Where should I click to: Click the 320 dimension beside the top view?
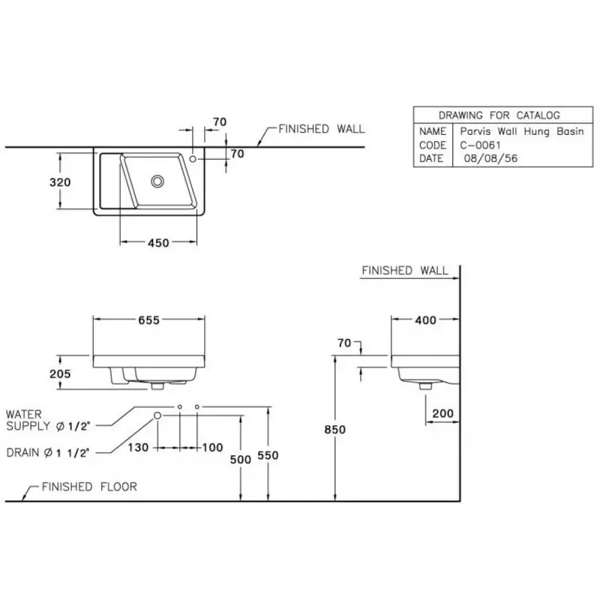click(x=61, y=182)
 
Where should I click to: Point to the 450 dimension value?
click(x=158, y=242)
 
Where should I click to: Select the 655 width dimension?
click(x=148, y=319)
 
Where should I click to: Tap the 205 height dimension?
click(x=61, y=373)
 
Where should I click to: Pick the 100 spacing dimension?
click(x=213, y=447)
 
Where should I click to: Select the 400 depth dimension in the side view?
click(x=426, y=320)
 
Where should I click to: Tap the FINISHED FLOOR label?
click(x=88, y=487)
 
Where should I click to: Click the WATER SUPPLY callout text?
click(x=48, y=420)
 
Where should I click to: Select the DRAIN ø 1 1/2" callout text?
click(x=49, y=452)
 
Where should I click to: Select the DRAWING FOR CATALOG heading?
click(x=499, y=115)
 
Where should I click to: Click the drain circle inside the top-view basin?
click(x=157, y=181)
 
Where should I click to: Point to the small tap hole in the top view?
click(x=193, y=159)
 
